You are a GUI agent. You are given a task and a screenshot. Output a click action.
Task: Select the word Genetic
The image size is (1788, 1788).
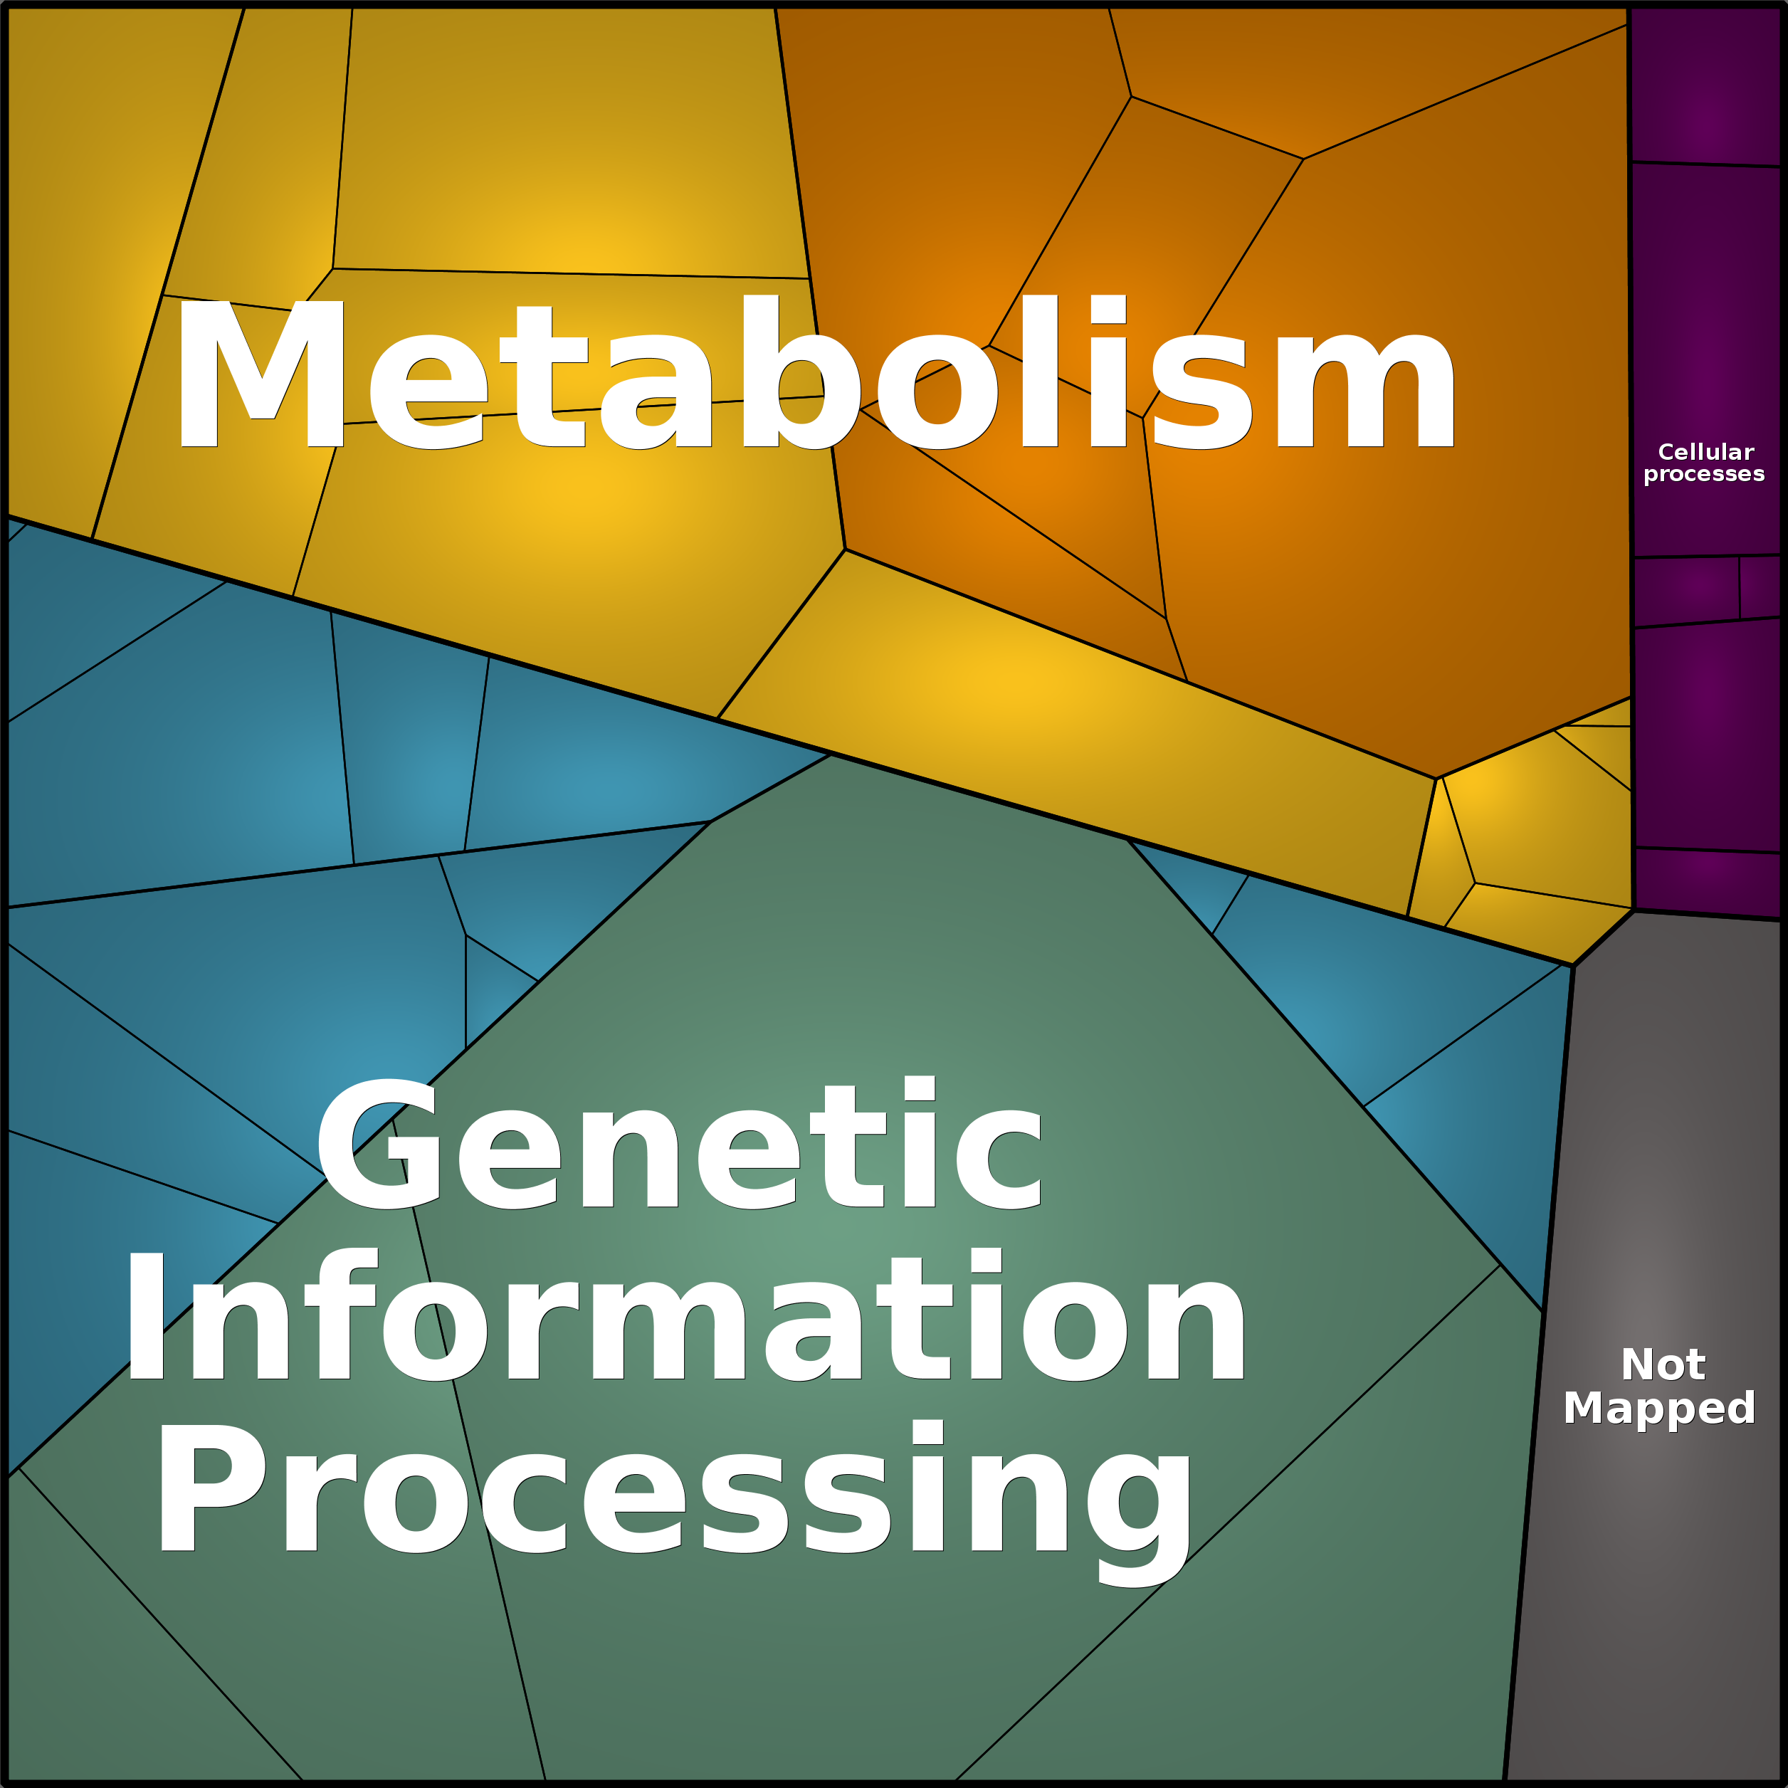680,1144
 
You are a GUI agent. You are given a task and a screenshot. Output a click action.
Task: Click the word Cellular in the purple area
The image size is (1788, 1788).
1705,453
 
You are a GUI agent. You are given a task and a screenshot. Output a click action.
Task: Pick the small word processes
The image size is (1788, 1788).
1704,475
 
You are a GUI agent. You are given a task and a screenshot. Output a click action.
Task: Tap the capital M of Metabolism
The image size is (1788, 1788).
262,374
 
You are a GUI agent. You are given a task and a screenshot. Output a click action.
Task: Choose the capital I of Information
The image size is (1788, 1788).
146,1316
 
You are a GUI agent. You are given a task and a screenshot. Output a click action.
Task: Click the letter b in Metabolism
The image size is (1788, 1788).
801,372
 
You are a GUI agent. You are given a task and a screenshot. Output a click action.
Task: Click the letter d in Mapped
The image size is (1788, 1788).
1736,1406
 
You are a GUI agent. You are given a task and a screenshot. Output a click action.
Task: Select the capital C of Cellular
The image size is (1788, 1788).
1667,453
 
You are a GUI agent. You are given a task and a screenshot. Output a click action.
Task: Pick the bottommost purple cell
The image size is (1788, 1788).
1708,883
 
